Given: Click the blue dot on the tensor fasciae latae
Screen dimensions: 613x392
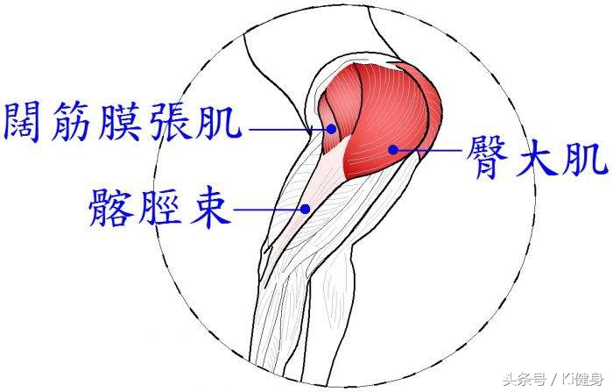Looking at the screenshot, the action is point(332,128).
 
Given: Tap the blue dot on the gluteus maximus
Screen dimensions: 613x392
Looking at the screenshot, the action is point(393,149).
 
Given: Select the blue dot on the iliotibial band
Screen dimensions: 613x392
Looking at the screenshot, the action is point(305,209).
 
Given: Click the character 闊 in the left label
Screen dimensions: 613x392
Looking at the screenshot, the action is point(24,122).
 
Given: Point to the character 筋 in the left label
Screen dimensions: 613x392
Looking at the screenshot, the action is point(71,122).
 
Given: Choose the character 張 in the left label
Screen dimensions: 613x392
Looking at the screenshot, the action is point(169,122).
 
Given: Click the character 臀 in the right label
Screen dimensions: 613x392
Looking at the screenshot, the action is point(486,158).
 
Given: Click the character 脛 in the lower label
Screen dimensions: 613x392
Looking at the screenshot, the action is point(159,207).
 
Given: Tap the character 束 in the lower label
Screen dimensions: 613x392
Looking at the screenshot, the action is point(210,209).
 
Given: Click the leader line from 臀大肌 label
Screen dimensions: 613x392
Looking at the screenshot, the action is point(427,150).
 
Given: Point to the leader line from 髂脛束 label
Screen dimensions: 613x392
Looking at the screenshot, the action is point(270,210).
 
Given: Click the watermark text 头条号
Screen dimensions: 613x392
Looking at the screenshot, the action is point(525,380).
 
